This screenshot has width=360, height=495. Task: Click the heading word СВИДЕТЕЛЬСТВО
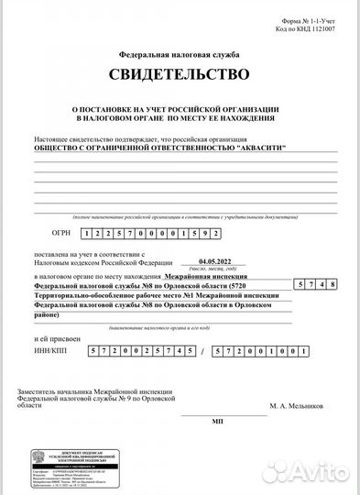point(179,74)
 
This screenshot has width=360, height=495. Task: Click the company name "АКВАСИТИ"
point(260,147)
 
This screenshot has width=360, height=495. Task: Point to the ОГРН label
point(60,234)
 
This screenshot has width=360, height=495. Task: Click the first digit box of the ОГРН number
point(85,234)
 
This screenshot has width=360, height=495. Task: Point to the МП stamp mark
point(217,422)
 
